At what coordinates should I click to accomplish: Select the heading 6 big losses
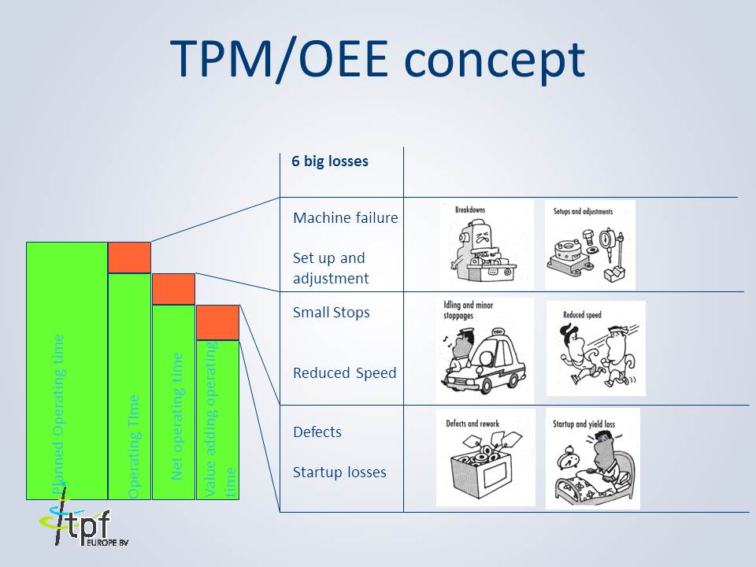click(x=330, y=161)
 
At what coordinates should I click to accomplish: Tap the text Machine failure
click(x=345, y=217)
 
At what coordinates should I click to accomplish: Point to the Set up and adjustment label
click(x=331, y=268)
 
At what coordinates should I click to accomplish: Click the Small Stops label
click(x=331, y=313)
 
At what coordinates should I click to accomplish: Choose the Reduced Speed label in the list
click(x=344, y=372)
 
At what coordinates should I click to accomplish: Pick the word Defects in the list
click(x=317, y=432)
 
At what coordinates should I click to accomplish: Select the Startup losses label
click(x=339, y=472)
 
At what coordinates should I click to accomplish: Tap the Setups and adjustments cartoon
click(x=590, y=244)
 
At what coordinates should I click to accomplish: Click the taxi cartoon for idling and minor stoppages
click(x=484, y=351)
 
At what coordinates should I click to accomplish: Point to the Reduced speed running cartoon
click(x=595, y=348)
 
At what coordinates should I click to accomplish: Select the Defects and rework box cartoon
click(x=485, y=457)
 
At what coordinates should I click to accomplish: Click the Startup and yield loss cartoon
click(x=592, y=458)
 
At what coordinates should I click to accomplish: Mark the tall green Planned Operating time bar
click(x=67, y=370)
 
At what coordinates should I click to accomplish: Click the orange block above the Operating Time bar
click(x=129, y=258)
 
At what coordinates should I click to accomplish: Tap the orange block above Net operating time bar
click(x=173, y=289)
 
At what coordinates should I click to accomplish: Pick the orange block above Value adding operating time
click(x=217, y=322)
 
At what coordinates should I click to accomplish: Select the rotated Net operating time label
click(x=177, y=415)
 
